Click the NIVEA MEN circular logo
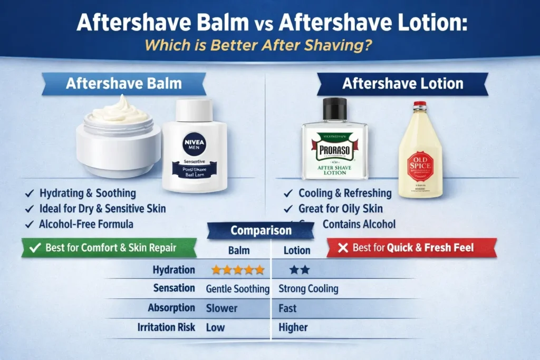coord(194,143)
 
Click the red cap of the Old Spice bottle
coord(420,104)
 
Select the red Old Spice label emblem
coord(420,166)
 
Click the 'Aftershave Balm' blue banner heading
coord(123,84)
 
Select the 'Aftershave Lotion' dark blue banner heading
coord(402,84)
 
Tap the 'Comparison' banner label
coord(261,231)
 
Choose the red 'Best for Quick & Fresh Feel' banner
coord(411,248)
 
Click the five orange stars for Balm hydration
coord(238,270)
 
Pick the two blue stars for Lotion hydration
coord(300,270)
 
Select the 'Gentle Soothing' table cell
coord(237,289)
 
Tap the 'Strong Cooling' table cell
coord(308,289)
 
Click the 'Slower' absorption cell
coord(221,308)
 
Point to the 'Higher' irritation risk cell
coord(293,327)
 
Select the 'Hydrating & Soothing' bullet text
coord(88,193)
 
